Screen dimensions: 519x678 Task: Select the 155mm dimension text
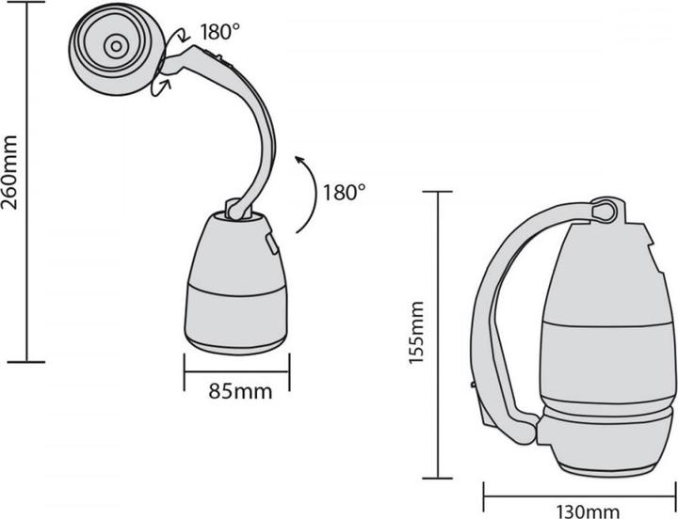pos(420,333)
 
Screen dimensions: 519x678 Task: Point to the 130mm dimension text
pos(581,511)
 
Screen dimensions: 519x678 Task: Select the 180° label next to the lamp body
pos(343,192)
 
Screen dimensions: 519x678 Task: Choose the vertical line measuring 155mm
pos(437,333)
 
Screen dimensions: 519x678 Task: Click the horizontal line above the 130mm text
pos(580,490)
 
